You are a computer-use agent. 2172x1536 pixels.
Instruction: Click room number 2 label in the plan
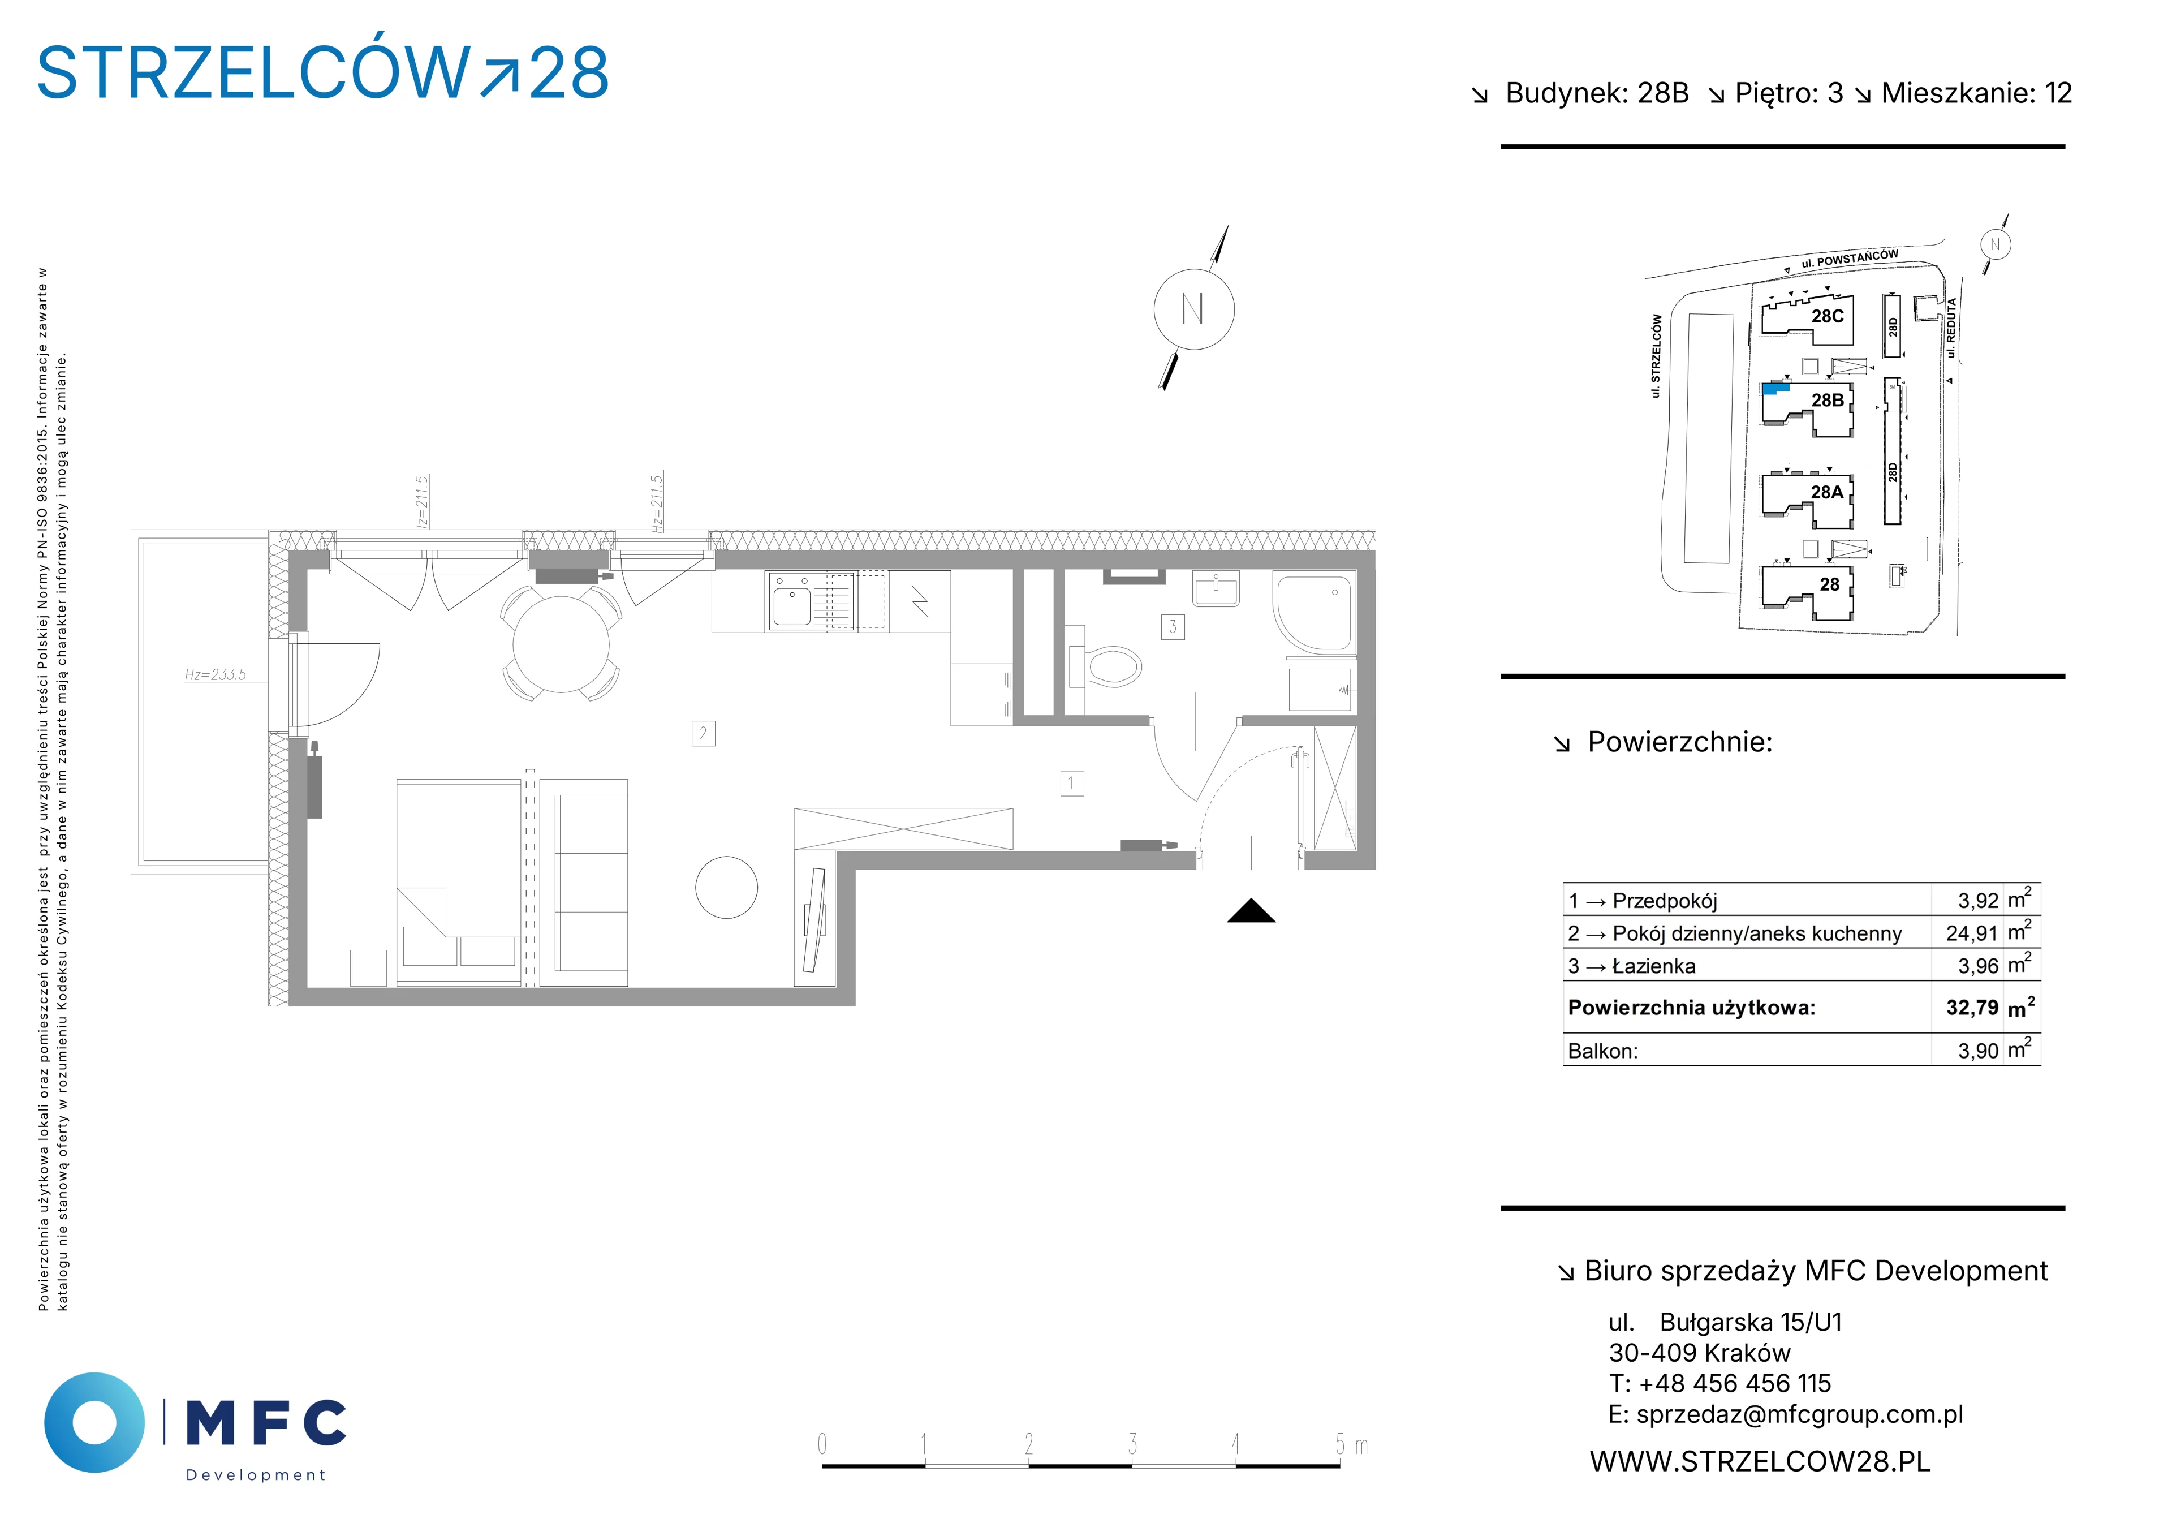(x=703, y=733)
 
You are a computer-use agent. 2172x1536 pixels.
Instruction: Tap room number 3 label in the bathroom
(x=1173, y=626)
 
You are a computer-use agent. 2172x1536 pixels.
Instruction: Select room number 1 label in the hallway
(x=1072, y=784)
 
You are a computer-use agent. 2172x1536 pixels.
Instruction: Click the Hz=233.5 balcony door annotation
(x=215, y=675)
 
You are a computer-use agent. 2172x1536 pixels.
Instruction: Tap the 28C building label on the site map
(x=1828, y=316)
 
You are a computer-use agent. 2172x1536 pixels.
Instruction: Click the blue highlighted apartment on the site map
(x=1775, y=388)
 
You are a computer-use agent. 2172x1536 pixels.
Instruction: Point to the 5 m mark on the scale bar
(x=1339, y=1445)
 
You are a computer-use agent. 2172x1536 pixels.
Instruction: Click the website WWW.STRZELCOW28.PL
(x=1760, y=1461)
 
